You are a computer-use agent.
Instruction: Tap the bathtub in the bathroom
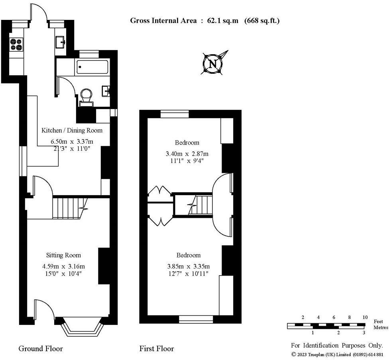point(92,67)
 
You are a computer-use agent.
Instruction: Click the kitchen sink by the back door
point(60,42)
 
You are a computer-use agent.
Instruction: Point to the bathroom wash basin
point(106,91)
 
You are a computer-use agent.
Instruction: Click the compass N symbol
point(213,64)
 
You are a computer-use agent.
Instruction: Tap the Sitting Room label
point(63,255)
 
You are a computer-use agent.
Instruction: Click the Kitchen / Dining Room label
point(72,130)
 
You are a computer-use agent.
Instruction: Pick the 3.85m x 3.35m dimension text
point(189,266)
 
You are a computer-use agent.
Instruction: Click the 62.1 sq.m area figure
point(223,21)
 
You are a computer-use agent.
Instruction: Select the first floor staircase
point(201,205)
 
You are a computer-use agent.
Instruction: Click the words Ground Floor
point(41,348)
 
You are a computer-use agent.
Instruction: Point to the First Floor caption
point(157,348)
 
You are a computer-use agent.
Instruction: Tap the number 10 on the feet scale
point(365,317)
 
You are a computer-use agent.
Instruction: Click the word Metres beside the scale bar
point(381,327)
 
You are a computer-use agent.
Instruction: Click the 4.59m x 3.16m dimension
point(63,266)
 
